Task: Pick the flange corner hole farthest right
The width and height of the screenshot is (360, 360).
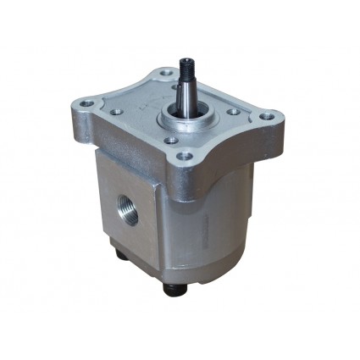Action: point(267,116)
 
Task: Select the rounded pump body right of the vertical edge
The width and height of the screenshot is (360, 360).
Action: point(220,229)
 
